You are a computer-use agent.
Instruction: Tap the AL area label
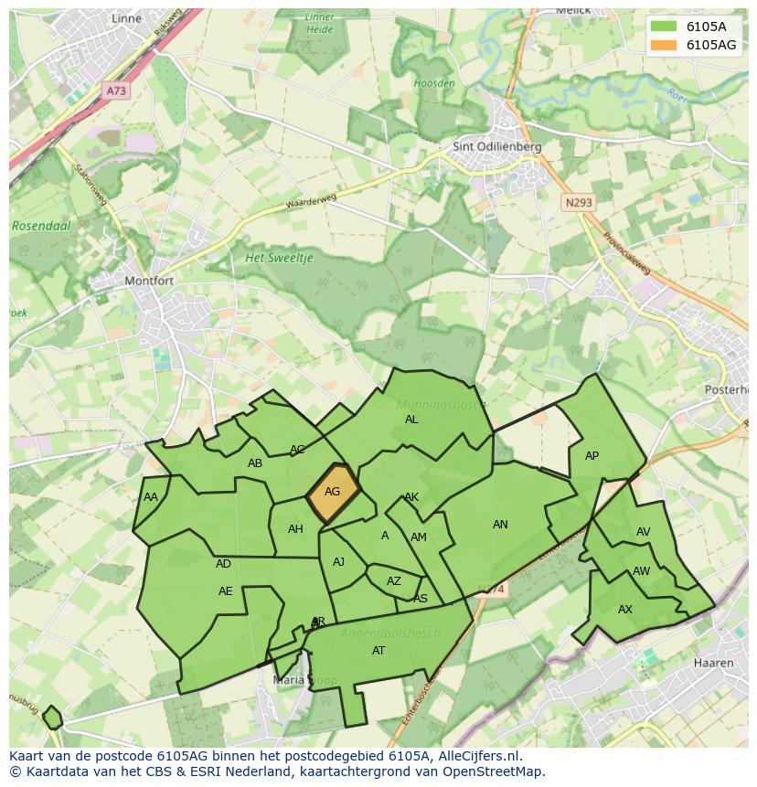coord(411,420)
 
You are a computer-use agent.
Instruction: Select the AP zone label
coord(592,456)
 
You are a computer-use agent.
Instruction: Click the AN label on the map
coord(500,525)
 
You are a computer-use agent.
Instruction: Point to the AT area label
coord(378,651)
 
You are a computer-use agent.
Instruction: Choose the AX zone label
coord(625,610)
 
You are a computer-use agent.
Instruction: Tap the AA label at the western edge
coord(151,497)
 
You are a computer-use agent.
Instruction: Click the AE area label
coord(226,591)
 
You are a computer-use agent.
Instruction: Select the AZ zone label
coord(394,581)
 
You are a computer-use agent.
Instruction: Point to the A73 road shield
coord(116,91)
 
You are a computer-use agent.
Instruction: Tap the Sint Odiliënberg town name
coord(497,146)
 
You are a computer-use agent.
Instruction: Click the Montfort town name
coord(148,282)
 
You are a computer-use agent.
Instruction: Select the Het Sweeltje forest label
coord(279,259)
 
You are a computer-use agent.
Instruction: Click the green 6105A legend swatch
coord(664,26)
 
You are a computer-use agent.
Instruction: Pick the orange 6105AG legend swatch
coord(664,45)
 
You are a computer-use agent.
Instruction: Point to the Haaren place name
coord(713,663)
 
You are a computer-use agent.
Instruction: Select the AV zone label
coord(644,532)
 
